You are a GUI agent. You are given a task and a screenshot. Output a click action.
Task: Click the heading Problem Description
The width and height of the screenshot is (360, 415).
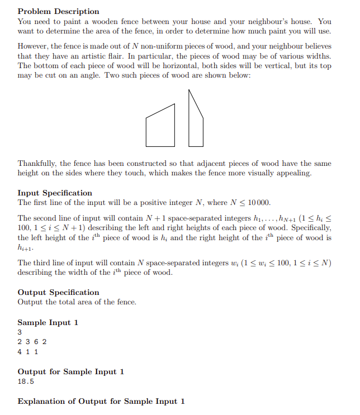click(59, 11)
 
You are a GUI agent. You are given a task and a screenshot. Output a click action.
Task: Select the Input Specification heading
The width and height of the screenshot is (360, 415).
click(55, 193)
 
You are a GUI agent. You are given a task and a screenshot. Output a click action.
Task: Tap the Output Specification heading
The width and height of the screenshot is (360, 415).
click(58, 292)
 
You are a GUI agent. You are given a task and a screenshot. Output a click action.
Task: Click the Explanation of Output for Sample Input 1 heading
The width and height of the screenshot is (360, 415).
click(101, 401)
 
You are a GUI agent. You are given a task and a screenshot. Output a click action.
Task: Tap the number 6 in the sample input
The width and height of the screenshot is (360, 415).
click(36, 342)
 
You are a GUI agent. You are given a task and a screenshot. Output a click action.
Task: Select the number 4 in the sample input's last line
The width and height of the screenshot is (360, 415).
click(20, 352)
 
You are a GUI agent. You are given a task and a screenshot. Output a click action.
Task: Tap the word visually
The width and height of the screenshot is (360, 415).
click(259, 173)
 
